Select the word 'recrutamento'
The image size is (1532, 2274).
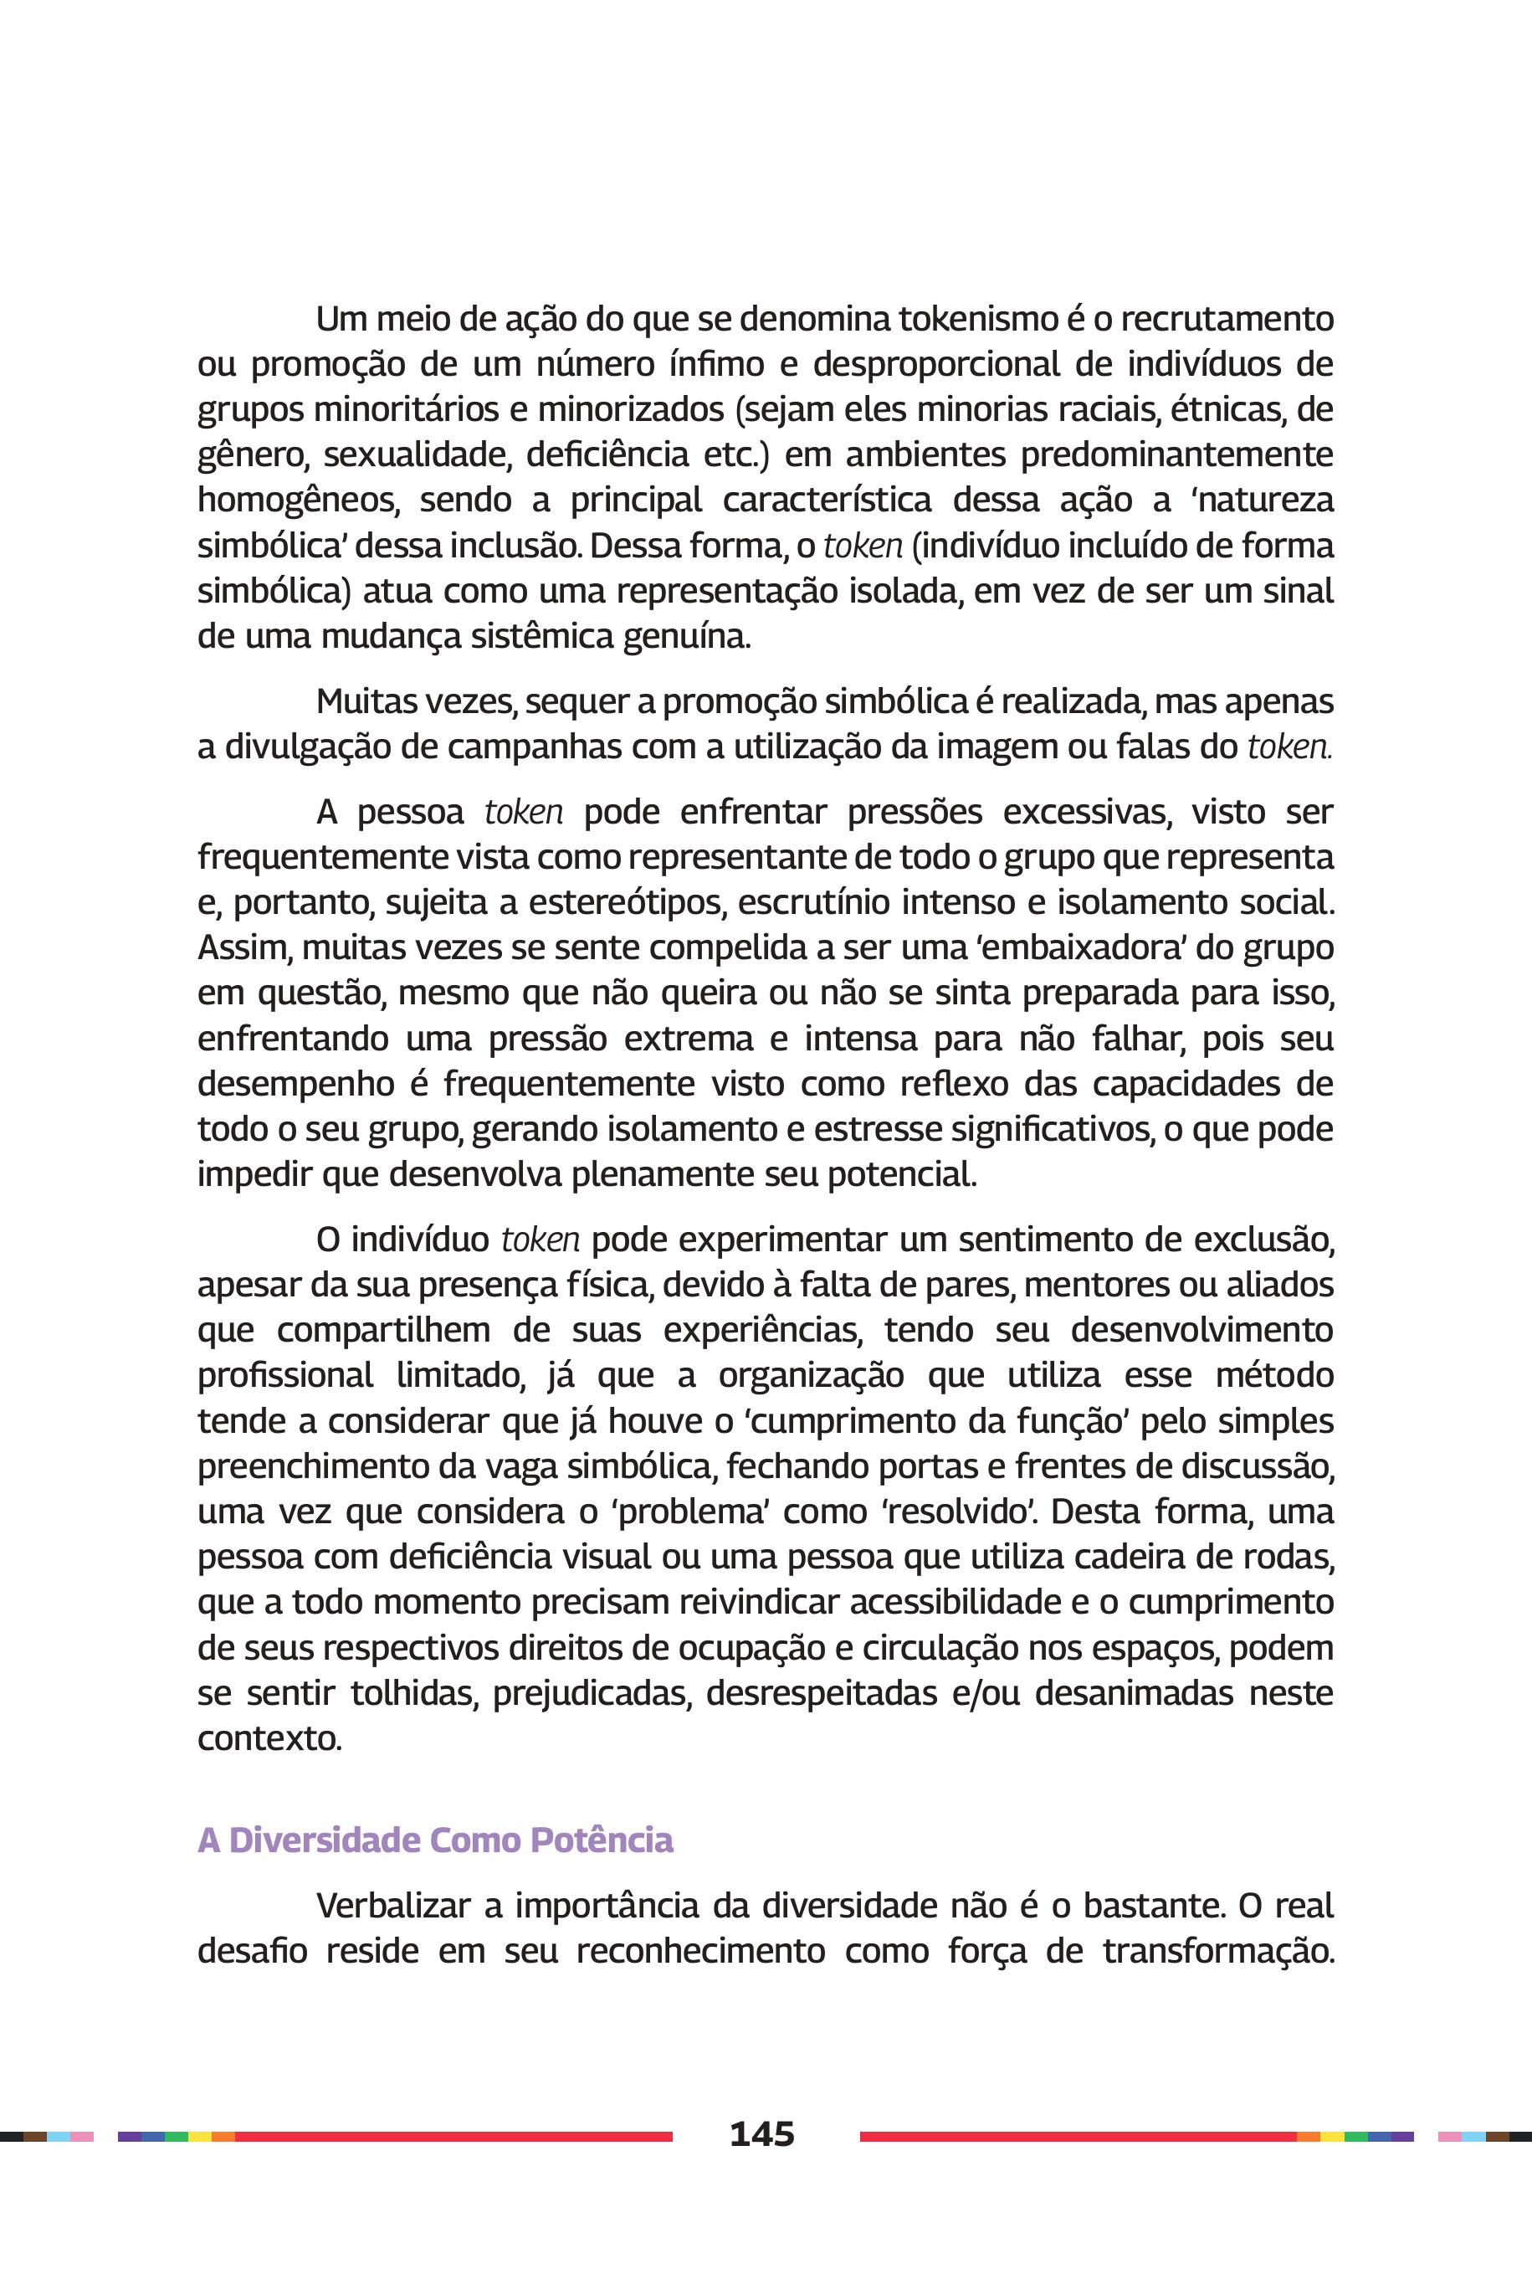1227,320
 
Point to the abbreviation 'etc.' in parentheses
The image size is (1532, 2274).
735,455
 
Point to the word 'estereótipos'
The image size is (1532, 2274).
627,902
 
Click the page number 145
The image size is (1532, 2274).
762,2134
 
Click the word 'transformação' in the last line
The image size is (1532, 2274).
1218,1952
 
